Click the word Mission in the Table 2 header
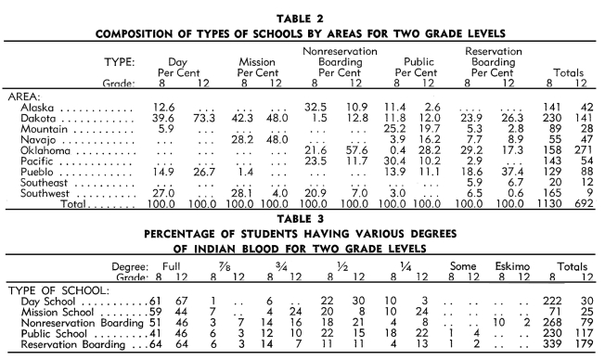click(250, 58)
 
